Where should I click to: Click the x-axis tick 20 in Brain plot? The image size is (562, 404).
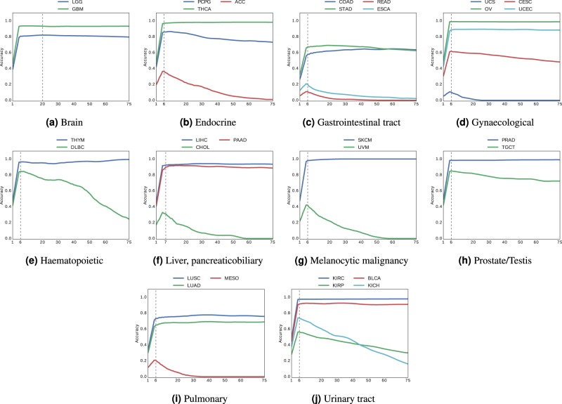coord(42,105)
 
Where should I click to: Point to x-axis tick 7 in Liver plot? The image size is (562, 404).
coord(165,242)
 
